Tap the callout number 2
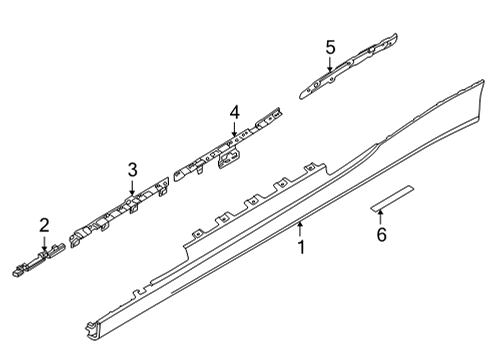[x=44, y=225]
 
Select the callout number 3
[x=132, y=170]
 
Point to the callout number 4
[x=233, y=113]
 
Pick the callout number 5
[x=331, y=46]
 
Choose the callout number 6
[x=380, y=235]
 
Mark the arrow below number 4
[x=233, y=133]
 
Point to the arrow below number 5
[x=331, y=65]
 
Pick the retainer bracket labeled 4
[x=225, y=150]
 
